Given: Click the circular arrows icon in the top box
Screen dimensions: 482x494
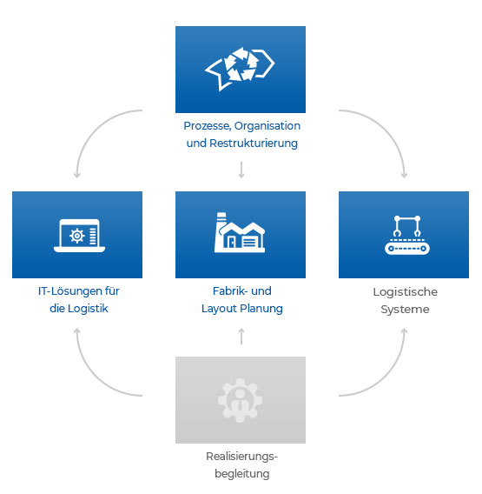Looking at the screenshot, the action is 240,69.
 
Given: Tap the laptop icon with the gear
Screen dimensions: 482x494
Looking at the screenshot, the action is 79,236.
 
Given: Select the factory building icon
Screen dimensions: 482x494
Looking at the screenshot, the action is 240,232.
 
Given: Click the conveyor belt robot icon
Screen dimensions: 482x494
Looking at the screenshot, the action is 406,235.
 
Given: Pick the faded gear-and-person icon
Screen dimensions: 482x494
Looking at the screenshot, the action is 240,400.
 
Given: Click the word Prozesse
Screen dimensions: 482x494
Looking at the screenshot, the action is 208,126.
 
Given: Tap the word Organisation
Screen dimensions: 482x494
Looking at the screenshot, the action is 267,126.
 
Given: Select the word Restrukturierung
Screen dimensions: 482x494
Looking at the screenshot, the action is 254,144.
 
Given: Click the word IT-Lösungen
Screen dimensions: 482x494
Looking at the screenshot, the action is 69,291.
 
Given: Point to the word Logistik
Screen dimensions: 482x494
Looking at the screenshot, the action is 88,309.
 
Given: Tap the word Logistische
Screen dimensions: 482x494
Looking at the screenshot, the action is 406,292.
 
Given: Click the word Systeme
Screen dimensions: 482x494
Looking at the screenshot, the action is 405,310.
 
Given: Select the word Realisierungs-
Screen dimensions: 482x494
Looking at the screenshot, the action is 241,457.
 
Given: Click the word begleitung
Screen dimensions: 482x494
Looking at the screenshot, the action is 242,474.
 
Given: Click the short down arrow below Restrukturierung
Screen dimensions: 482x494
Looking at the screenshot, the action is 241,170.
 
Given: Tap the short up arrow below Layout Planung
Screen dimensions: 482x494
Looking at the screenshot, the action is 241,337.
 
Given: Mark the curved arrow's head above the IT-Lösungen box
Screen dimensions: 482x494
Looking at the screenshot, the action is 76,175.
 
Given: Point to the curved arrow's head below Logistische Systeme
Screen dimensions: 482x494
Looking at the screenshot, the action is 405,331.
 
